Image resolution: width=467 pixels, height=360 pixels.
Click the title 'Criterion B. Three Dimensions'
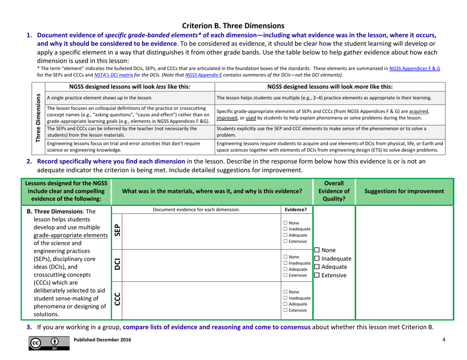(x=233, y=11)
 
